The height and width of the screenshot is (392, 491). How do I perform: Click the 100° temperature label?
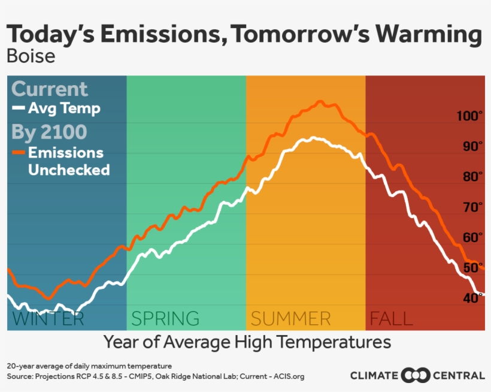[x=469, y=116]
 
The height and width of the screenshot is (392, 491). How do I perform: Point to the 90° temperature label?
[x=473, y=146]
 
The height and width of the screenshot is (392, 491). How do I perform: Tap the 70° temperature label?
[x=473, y=207]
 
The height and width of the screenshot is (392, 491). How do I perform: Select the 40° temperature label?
[x=473, y=298]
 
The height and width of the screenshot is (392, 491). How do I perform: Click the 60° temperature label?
[x=473, y=237]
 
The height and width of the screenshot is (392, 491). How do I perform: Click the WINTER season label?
[x=49, y=318]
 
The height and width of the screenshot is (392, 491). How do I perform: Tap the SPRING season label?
[x=165, y=318]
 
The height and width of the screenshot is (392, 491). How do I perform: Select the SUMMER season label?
[x=290, y=318]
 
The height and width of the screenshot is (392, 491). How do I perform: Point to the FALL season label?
[x=392, y=318]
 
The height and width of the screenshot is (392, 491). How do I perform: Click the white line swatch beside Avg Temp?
[x=19, y=108]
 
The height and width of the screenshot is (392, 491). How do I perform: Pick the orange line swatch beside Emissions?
[x=19, y=153]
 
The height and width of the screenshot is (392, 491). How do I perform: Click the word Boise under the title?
[x=31, y=56]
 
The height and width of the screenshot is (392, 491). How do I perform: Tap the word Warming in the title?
[x=429, y=35]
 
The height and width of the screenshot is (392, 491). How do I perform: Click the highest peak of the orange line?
[x=320, y=101]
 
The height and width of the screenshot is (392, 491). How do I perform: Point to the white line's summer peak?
[x=313, y=138]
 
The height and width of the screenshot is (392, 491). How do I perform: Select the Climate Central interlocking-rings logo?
[x=415, y=375]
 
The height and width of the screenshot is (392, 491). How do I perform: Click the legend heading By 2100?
[x=49, y=132]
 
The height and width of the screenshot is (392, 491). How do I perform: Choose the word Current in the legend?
[x=50, y=89]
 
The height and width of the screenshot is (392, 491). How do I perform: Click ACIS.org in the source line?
[x=289, y=376]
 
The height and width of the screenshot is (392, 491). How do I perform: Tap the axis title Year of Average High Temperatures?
[x=247, y=342]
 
